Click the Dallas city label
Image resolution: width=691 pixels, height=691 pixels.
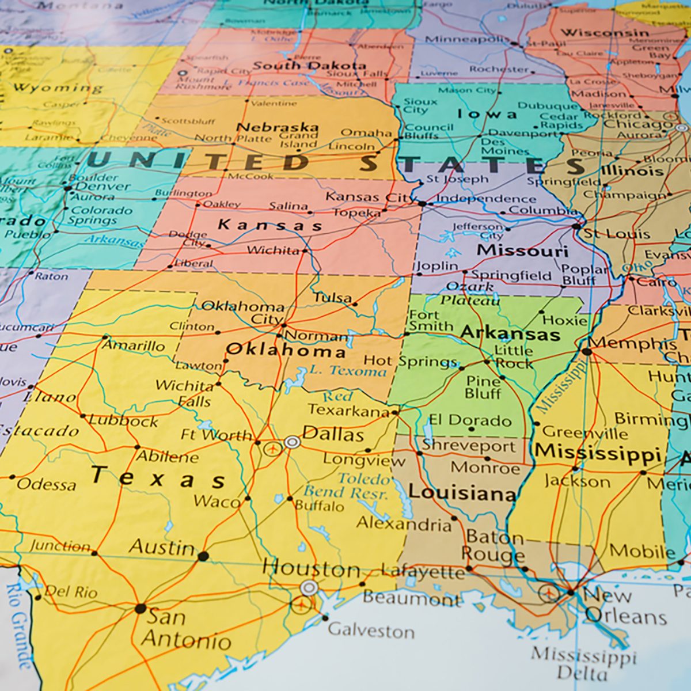point(333,434)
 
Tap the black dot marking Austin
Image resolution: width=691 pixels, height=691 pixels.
point(203,556)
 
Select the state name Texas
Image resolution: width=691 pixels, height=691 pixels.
point(158,477)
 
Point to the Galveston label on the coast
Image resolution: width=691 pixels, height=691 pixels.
point(371,631)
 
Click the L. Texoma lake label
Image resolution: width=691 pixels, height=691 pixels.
point(348,371)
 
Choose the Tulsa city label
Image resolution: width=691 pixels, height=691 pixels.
point(333,298)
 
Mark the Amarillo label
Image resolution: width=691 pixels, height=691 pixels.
point(133,345)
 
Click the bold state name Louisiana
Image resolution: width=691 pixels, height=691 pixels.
point(462,493)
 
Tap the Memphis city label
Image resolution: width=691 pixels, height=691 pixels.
point(632,344)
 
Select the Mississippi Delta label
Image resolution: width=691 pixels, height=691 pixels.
point(583,664)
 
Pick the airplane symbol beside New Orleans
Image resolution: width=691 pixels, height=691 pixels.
point(548,591)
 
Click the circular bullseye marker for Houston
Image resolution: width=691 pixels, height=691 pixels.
point(309,588)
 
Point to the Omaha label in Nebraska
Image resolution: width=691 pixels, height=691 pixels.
point(366,132)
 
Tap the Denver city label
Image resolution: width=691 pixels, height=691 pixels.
point(103,186)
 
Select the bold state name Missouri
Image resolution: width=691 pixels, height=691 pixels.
point(522,251)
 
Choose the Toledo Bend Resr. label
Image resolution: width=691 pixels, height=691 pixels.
point(364,485)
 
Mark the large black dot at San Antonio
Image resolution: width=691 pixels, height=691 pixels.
point(140,608)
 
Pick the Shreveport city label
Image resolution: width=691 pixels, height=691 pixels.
point(469,446)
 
